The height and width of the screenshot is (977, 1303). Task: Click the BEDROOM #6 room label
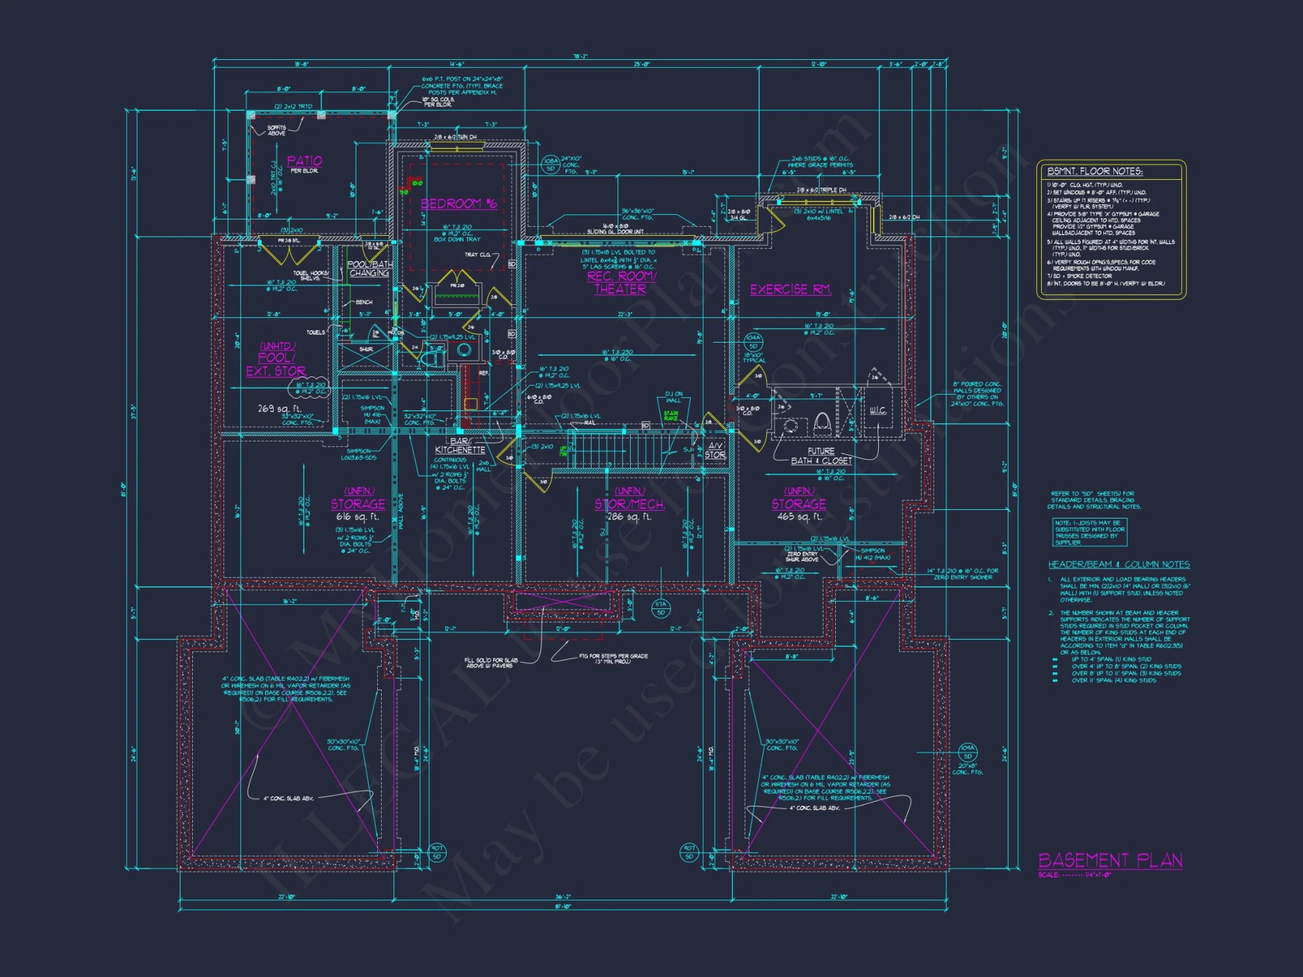click(459, 204)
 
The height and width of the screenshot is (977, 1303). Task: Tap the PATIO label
click(304, 161)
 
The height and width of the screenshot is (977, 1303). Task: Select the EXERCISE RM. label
click(790, 289)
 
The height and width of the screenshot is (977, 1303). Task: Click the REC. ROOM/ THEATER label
click(621, 283)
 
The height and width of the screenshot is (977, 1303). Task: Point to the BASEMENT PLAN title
click(1110, 860)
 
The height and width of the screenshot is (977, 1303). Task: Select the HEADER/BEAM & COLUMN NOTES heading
click(1119, 565)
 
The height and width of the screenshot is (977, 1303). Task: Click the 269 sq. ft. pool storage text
click(279, 408)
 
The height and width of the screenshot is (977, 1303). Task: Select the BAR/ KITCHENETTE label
click(460, 446)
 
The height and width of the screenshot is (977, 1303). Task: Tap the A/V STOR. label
click(715, 451)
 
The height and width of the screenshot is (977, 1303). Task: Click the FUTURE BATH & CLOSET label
click(821, 456)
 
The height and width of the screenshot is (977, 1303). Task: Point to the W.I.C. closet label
click(878, 410)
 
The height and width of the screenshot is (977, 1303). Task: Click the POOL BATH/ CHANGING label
click(369, 268)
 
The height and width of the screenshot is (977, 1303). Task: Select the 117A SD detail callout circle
click(661, 608)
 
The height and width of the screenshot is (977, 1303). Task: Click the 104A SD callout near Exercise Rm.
click(753, 342)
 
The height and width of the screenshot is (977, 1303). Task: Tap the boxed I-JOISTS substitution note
click(1090, 532)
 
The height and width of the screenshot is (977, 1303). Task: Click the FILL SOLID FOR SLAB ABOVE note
click(491, 662)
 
